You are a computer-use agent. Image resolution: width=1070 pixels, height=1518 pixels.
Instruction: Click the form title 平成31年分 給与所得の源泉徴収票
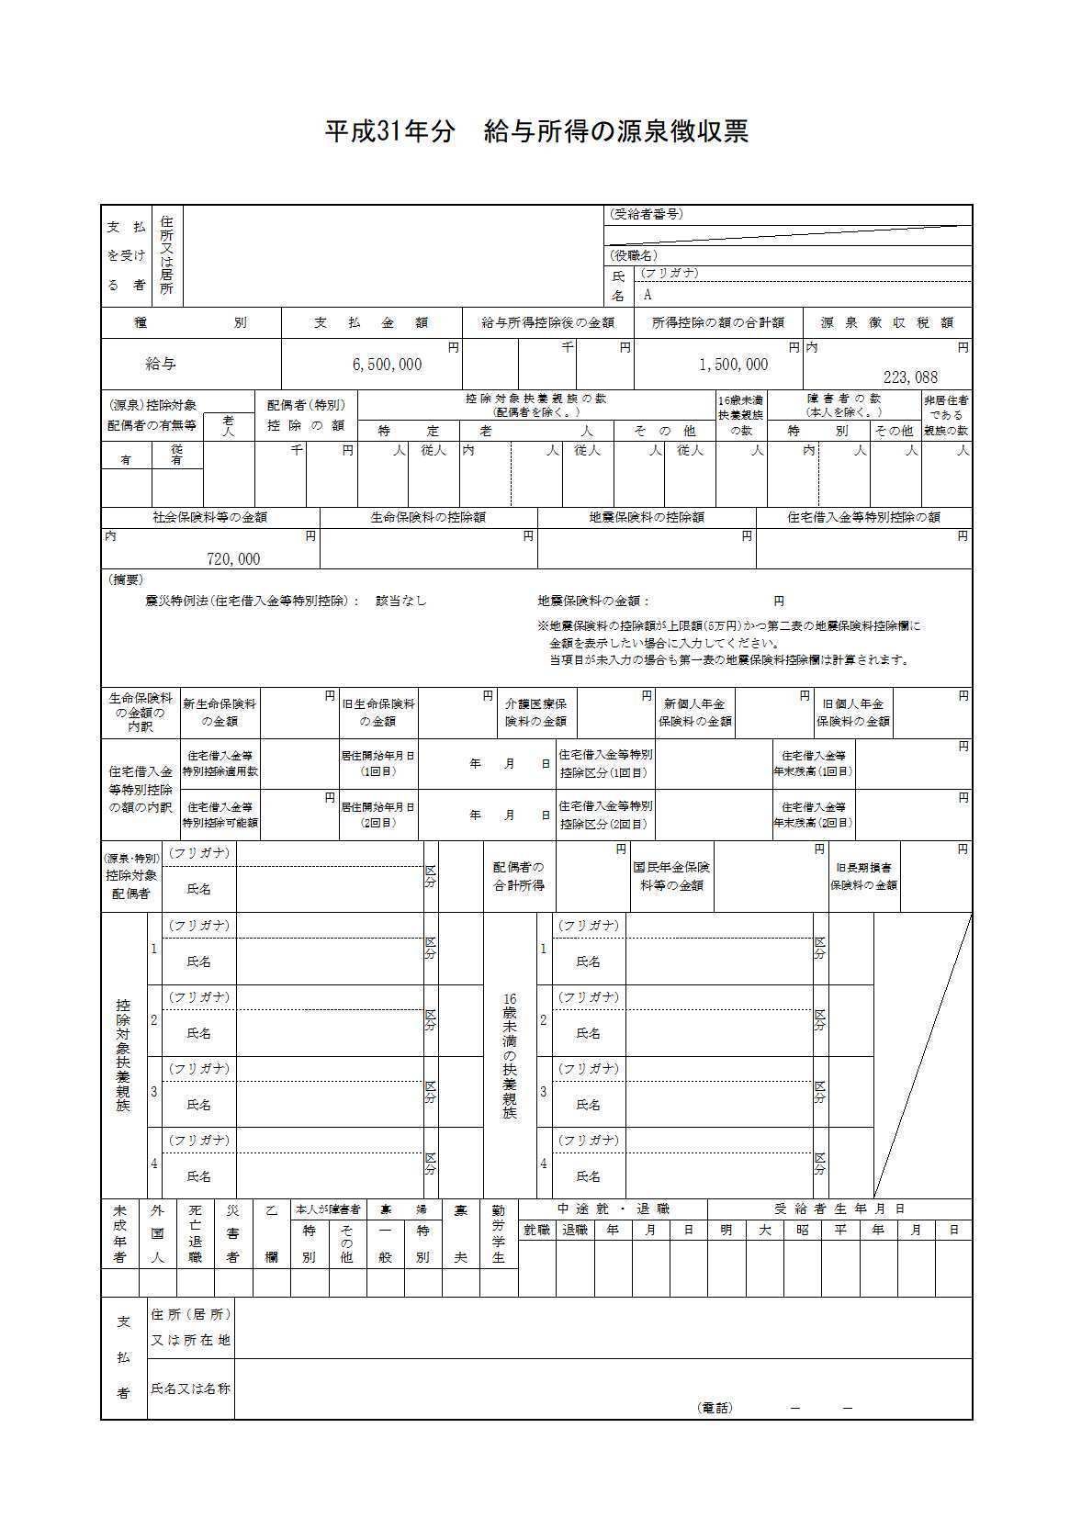(536, 131)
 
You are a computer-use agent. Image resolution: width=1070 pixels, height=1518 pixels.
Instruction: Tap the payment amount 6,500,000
(387, 365)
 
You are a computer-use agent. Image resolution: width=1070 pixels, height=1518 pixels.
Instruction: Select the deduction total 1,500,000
(733, 365)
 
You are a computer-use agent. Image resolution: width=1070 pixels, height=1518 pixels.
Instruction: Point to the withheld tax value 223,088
(910, 377)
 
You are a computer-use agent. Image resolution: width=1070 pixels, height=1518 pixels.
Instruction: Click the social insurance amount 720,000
(233, 559)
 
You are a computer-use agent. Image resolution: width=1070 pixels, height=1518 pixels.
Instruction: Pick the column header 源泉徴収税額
(886, 323)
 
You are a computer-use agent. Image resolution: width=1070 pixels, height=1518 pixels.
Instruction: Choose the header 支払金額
(371, 323)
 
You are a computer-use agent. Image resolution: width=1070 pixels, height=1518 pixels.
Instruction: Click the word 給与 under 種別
(161, 365)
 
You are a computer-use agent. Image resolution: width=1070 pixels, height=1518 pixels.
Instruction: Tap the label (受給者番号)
(646, 214)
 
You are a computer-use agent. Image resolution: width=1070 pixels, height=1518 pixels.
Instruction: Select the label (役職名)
(634, 255)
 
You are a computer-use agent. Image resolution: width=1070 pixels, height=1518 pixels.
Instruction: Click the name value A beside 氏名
(647, 296)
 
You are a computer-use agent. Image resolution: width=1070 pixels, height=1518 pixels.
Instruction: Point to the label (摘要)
(126, 580)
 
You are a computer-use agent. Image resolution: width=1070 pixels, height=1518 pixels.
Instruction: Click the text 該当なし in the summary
(401, 602)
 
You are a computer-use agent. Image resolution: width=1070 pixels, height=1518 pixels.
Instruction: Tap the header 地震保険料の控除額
(647, 518)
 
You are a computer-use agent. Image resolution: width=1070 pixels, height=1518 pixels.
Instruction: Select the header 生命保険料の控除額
(428, 518)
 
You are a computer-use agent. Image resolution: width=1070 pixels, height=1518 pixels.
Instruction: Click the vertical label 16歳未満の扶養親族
(510, 1055)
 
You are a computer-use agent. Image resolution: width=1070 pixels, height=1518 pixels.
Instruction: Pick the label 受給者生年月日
(839, 1209)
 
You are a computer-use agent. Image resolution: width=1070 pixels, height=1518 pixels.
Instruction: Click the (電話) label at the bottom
(715, 1408)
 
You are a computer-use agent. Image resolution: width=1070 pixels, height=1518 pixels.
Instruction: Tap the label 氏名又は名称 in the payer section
(190, 1389)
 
